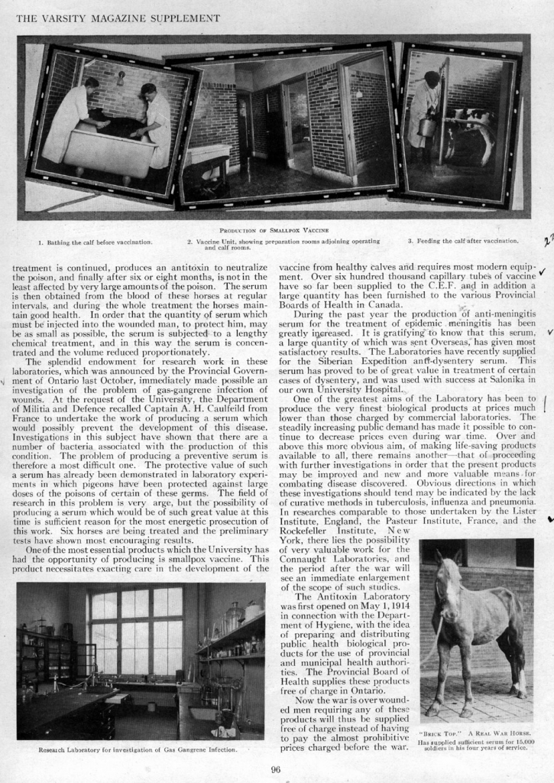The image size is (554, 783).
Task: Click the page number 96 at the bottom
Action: pyautogui.click(x=277, y=769)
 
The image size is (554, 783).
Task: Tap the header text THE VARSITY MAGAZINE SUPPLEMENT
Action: pyautogui.click(x=118, y=18)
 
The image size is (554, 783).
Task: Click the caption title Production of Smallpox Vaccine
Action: pyautogui.click(x=274, y=229)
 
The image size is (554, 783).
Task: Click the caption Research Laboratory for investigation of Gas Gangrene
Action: pyautogui.click(x=138, y=749)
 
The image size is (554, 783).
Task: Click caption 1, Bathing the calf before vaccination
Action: pyautogui.click(x=96, y=242)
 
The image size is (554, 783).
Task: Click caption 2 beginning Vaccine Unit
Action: pyautogui.click(x=273, y=244)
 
